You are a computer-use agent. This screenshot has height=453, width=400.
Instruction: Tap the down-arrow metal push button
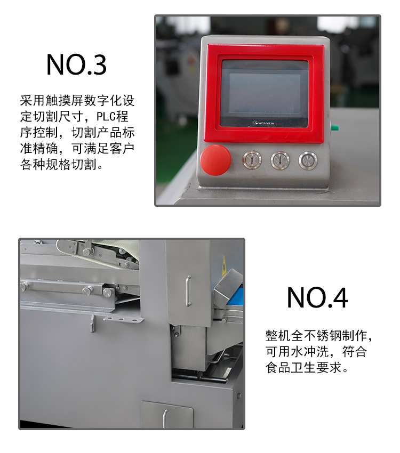pos(280,159)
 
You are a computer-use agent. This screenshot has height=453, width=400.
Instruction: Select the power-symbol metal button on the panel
pos(308,159)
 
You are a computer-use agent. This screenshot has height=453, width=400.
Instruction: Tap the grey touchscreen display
pos(264,92)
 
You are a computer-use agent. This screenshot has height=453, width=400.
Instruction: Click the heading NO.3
pos(76,64)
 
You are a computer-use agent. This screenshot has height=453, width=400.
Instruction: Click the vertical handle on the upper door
pos(188,290)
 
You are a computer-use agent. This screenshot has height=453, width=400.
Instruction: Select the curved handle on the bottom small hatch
pos(165,416)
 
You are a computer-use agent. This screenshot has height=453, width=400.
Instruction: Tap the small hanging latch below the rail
pos(92,323)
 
